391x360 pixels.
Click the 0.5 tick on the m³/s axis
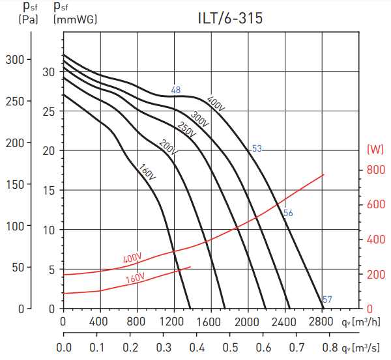(229, 347)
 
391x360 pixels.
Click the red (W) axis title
(375, 149)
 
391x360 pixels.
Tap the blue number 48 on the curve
(176, 90)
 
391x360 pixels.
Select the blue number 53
(257, 148)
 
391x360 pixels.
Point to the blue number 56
(288, 213)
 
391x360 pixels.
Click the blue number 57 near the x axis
(327, 299)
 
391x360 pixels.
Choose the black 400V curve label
(216, 104)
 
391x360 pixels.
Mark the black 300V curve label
(199, 119)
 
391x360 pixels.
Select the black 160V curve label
(147, 172)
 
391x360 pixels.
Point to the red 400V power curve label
(132, 258)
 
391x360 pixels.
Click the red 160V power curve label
(135, 279)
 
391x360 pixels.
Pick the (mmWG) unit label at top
(75, 19)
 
